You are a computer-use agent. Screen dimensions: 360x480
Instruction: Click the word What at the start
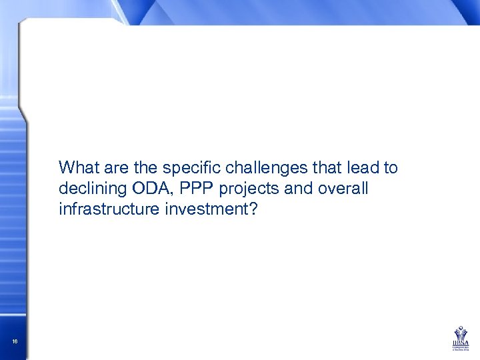click(77, 167)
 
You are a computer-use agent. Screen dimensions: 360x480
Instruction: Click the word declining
click(87, 189)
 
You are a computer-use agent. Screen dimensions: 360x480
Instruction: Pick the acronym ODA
click(141, 189)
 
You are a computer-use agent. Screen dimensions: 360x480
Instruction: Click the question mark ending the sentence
click(253, 211)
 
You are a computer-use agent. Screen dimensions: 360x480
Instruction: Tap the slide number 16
click(14, 342)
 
